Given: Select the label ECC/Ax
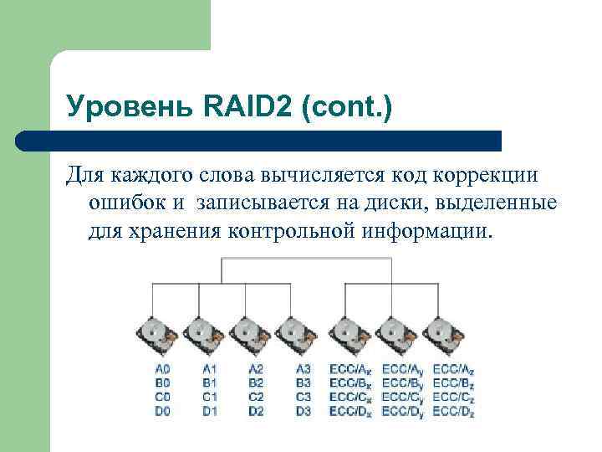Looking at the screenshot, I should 350,369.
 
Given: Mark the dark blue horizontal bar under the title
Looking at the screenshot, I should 259,141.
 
